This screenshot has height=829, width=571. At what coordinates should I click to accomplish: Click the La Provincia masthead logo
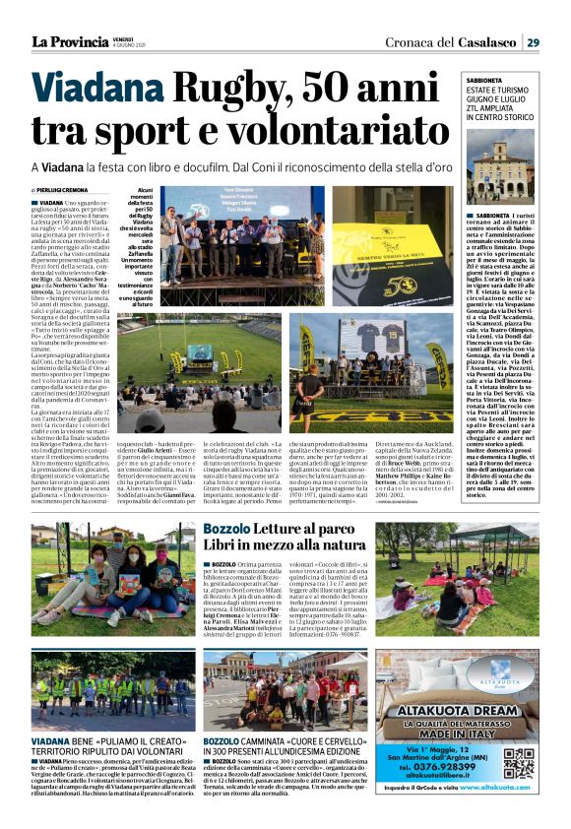tap(69, 41)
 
